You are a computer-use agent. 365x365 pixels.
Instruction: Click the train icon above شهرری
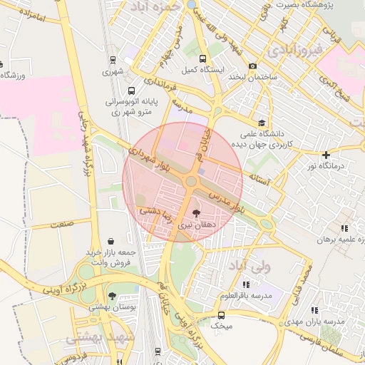coord(113,60)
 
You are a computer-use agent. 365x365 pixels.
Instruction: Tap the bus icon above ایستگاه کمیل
coord(203,59)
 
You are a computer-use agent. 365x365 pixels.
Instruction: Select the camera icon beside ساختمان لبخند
coord(253,66)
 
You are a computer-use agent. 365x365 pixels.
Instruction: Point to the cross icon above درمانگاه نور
coord(326,155)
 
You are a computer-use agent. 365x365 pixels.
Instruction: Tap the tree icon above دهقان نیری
coord(197,212)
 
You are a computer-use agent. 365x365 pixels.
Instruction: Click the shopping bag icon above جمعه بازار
coord(110,242)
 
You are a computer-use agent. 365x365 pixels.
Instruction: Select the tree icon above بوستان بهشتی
coord(111,295)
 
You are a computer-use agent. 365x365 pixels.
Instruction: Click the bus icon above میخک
coord(221,314)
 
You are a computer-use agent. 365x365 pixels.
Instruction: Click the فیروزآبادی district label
coord(294,51)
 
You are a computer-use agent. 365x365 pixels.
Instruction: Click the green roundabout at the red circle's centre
coord(190,182)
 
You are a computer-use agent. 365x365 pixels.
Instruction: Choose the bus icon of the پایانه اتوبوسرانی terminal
coord(131,91)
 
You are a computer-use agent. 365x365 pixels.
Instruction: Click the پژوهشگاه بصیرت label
coord(299,4)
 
